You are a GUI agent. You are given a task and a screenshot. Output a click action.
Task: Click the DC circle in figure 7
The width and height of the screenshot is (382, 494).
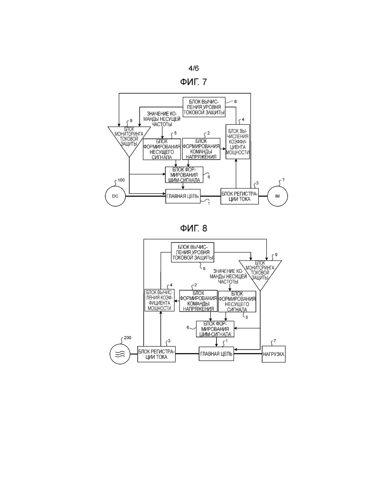coord(115,197)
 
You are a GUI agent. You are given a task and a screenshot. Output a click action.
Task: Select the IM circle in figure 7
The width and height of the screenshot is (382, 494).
coord(277,197)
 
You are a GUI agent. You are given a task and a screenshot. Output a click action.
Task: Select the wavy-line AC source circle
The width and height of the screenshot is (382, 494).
coord(119,354)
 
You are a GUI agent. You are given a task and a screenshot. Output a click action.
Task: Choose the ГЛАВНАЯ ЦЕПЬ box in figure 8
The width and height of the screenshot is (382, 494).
coord(216,354)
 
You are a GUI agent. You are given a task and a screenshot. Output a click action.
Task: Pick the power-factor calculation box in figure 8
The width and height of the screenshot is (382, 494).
coord(159,300)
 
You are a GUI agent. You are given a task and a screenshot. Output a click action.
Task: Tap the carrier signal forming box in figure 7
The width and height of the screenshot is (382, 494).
coord(161,150)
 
